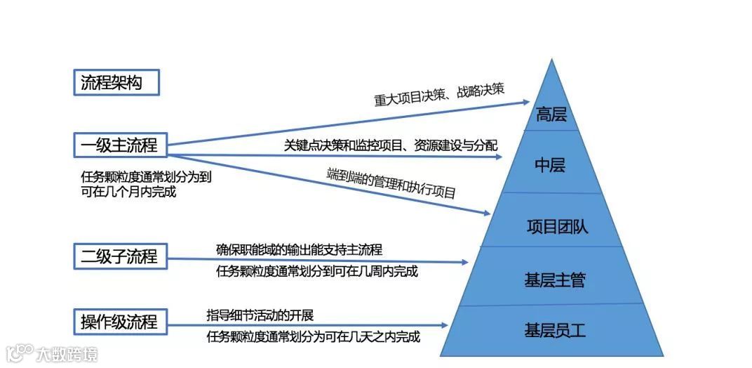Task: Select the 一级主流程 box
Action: pos(120,145)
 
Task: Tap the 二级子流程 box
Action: pos(120,256)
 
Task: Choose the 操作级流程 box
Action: pos(120,322)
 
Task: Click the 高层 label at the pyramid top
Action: pos(551,114)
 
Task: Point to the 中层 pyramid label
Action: pos(550,166)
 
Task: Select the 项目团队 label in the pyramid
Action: pos(558,226)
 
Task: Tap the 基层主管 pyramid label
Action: pos(554,280)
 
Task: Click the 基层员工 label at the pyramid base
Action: pos(554,329)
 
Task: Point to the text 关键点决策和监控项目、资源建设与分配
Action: pos(391,145)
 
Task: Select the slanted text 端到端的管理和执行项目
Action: pos(391,183)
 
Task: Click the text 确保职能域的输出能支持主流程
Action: pos(299,249)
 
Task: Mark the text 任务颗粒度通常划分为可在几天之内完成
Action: pos(314,337)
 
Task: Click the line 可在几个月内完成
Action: pos(128,191)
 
